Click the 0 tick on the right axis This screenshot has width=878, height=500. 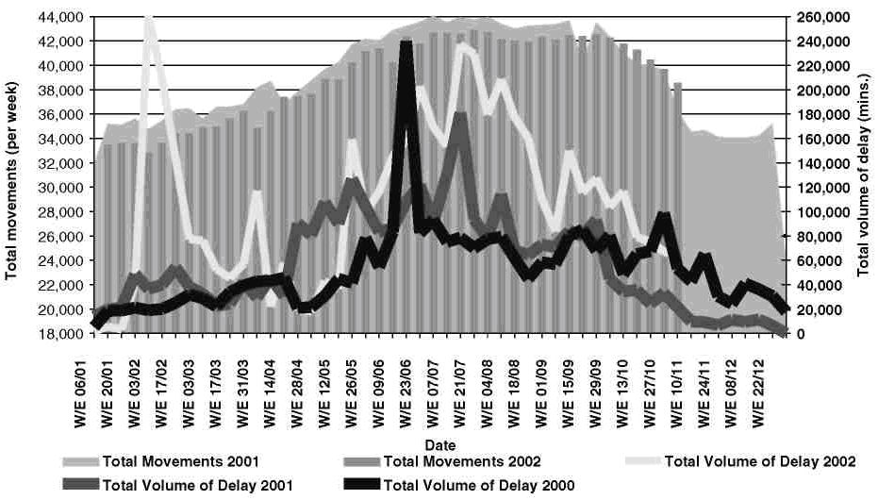tap(801, 333)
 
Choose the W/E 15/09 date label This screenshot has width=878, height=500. tap(568, 387)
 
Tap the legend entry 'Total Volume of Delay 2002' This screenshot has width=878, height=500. tap(760, 462)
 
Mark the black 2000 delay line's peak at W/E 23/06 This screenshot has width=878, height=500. tap(406, 44)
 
